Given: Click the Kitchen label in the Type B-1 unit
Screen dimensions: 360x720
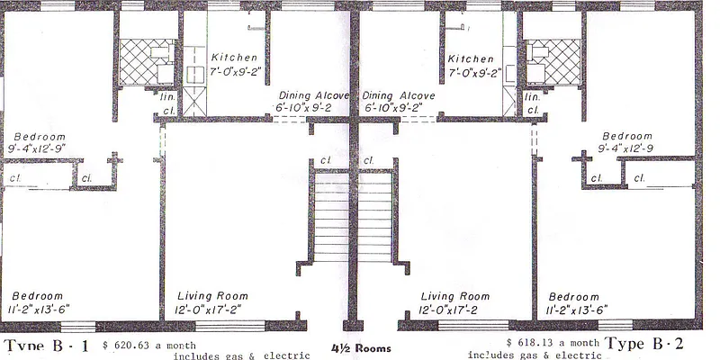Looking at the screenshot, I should [x=234, y=58].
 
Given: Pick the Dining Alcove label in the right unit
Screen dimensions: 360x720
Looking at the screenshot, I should [x=399, y=95].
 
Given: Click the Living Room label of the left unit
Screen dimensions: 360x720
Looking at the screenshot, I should [x=212, y=296].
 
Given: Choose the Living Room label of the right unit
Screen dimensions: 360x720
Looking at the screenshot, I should [x=455, y=296].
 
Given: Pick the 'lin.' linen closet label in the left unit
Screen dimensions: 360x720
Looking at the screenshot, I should [x=168, y=95].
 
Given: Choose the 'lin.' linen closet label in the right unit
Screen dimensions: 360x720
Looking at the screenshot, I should [x=532, y=95].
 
